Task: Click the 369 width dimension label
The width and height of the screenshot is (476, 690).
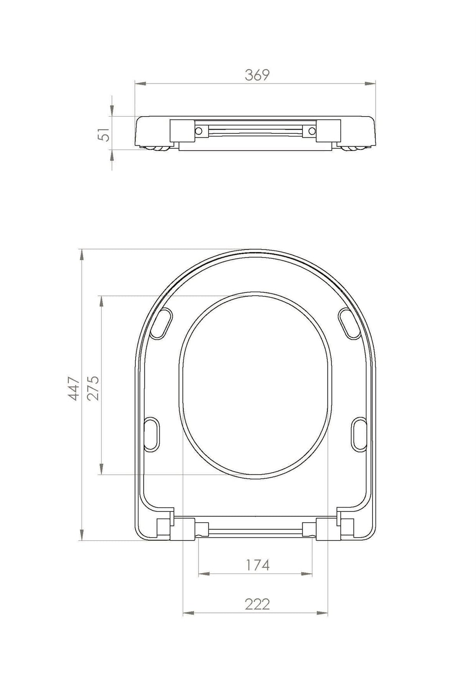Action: click(x=257, y=75)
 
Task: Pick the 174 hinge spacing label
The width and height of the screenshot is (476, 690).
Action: click(x=258, y=565)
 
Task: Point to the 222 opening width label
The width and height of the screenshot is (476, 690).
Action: click(x=258, y=604)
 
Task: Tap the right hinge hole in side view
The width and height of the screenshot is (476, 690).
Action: click(x=312, y=130)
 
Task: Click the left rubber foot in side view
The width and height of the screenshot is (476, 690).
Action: click(x=157, y=148)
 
